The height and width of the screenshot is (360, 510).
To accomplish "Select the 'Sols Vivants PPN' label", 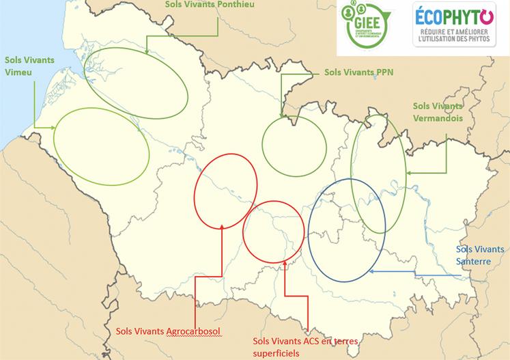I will pyautogui.click(x=353, y=70).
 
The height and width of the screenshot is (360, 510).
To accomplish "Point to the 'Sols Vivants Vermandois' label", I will pyautogui.click(x=439, y=112).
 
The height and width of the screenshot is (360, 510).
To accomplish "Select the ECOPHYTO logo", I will pyautogui.click(x=454, y=25).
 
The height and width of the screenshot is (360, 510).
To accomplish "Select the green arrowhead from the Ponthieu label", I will pyautogui.click(x=148, y=52).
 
